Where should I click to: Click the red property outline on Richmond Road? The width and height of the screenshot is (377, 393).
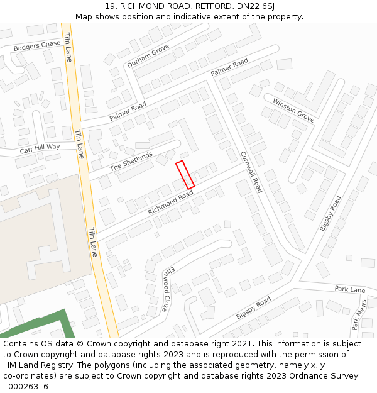pyautogui.click(x=185, y=174)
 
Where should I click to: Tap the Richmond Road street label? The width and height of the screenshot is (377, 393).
pyautogui.click(x=170, y=203)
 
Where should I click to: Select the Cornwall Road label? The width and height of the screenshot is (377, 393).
pyautogui.click(x=251, y=172)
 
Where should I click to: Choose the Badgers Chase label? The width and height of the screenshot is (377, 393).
pyautogui.click(x=38, y=45)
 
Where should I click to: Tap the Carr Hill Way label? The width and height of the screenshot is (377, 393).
pyautogui.click(x=40, y=148)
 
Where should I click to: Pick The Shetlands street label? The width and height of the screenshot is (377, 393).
pyautogui.click(x=131, y=162)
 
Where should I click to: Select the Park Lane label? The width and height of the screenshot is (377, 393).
pyautogui.click(x=350, y=289)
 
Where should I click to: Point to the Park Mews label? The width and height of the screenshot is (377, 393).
pyautogui.click(x=359, y=314)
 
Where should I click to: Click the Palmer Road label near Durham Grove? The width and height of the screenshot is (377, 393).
pyautogui.click(x=128, y=111)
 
